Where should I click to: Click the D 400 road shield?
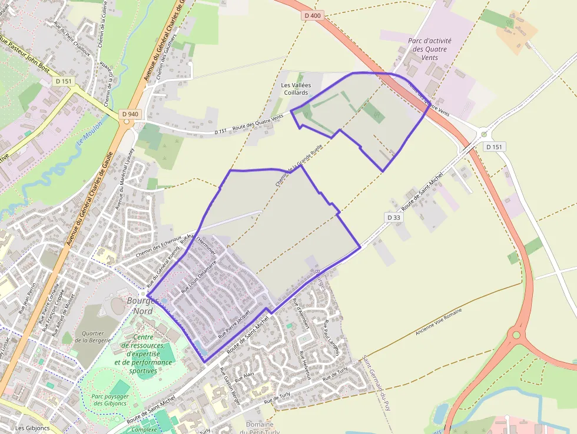(x=313, y=15)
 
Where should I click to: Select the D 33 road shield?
(x=394, y=217)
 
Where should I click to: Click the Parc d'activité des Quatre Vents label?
(x=430, y=45)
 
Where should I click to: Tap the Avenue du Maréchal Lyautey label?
(x=125, y=178)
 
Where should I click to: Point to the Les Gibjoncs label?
(x=32, y=428)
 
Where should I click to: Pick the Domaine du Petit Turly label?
(x=260, y=428)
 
